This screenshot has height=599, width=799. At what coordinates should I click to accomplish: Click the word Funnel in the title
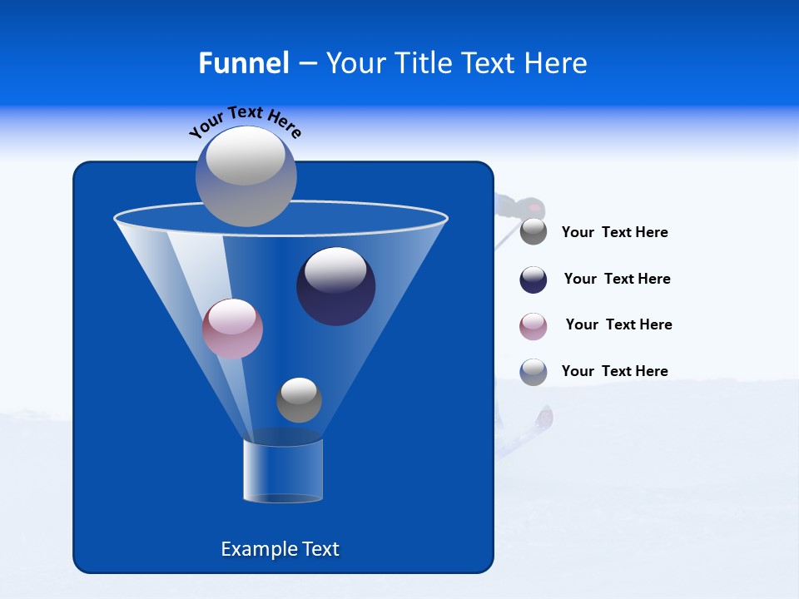tap(243, 63)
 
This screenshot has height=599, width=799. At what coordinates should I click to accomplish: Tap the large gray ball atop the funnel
tap(246, 176)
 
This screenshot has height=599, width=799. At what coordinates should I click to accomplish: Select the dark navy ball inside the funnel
tap(336, 286)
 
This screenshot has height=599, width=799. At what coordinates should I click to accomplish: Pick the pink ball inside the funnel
tap(232, 329)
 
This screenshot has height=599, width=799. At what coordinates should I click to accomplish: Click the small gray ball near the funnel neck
tap(299, 400)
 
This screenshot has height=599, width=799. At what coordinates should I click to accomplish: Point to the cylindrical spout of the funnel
tap(283, 471)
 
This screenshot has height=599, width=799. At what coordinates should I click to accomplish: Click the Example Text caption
tap(280, 549)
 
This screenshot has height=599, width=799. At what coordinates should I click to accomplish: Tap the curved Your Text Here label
tap(245, 121)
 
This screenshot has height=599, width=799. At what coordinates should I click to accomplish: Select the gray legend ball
tap(533, 232)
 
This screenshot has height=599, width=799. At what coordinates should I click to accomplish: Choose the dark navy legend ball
tap(533, 280)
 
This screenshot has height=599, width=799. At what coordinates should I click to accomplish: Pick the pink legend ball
tap(533, 326)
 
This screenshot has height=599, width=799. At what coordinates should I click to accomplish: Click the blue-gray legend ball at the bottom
tap(533, 372)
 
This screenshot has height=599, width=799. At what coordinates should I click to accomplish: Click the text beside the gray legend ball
tap(614, 233)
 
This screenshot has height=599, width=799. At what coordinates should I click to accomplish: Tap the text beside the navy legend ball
tap(617, 279)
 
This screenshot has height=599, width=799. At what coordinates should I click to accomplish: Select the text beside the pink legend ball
tap(618, 324)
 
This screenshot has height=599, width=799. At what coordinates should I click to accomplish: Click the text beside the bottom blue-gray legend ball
tap(614, 371)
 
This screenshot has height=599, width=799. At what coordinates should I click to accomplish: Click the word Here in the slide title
tap(556, 63)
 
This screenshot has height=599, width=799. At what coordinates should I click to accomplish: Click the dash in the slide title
tap(306, 63)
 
